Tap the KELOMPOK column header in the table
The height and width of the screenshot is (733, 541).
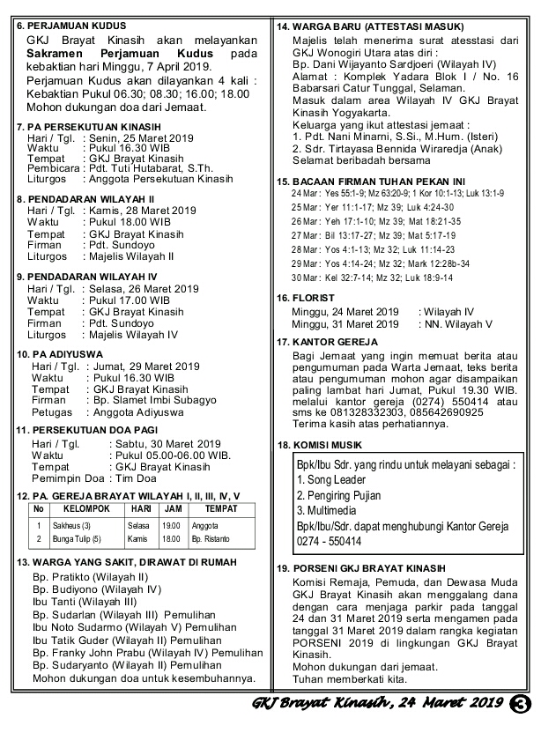point(85,509)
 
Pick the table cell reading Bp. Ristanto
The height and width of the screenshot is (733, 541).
point(211,538)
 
